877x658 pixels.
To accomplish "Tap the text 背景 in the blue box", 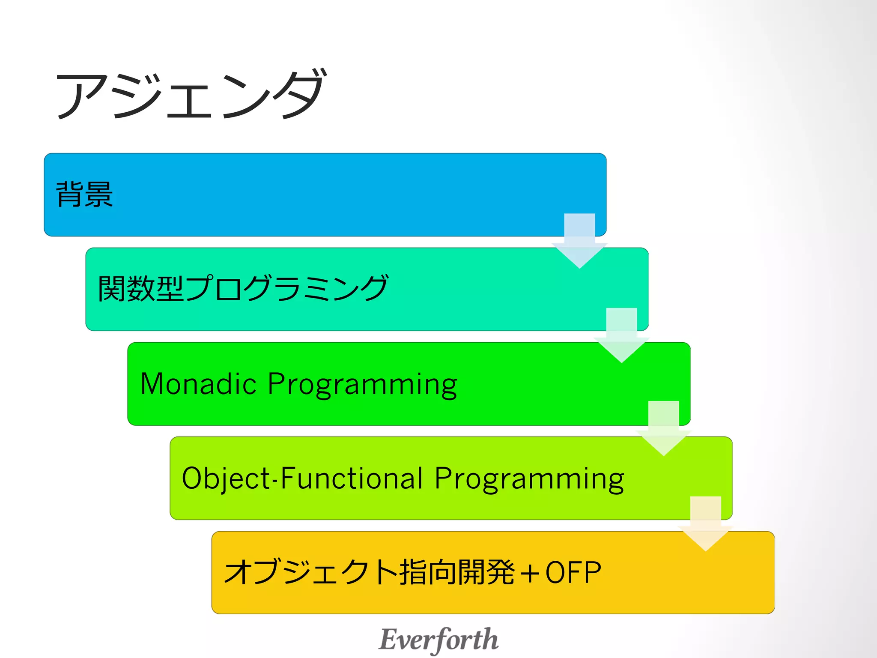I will point(84,194).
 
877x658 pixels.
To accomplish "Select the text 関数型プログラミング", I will point(243,288).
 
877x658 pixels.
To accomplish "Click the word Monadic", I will point(198,383).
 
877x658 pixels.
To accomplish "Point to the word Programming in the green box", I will point(362,384).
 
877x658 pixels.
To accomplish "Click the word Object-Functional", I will point(302,478).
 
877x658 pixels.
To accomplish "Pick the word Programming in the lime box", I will point(529,479).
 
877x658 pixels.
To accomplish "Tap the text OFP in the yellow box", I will point(573,573).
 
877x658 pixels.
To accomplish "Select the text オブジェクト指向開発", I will point(369,573).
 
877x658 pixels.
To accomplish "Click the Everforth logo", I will point(438,640).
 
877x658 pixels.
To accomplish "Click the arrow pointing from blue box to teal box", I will point(579,242).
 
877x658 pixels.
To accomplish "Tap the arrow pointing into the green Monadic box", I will point(621,336).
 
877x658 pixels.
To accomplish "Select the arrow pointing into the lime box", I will point(663,429).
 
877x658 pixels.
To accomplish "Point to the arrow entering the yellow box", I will point(705,524).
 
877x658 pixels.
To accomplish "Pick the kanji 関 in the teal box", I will point(112,288).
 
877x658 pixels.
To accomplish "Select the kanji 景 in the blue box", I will point(99,194).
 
